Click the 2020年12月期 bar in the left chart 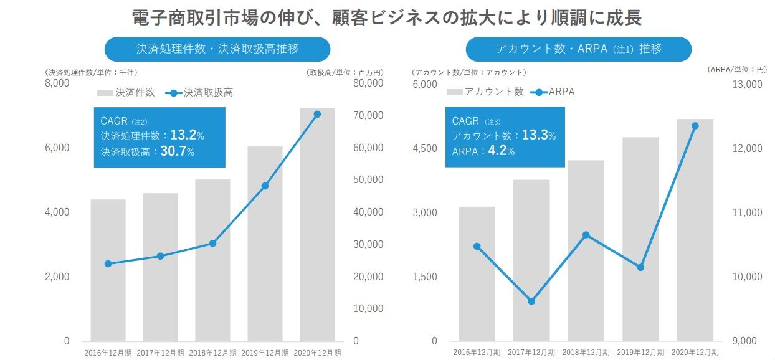[317, 224]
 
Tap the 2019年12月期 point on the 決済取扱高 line [265, 186]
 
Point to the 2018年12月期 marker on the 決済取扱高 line [212, 244]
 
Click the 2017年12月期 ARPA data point [531, 301]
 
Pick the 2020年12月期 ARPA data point [695, 126]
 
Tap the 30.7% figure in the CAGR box [177, 151]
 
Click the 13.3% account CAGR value [538, 135]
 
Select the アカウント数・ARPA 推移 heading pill [578, 49]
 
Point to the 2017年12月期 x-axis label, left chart [160, 353]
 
